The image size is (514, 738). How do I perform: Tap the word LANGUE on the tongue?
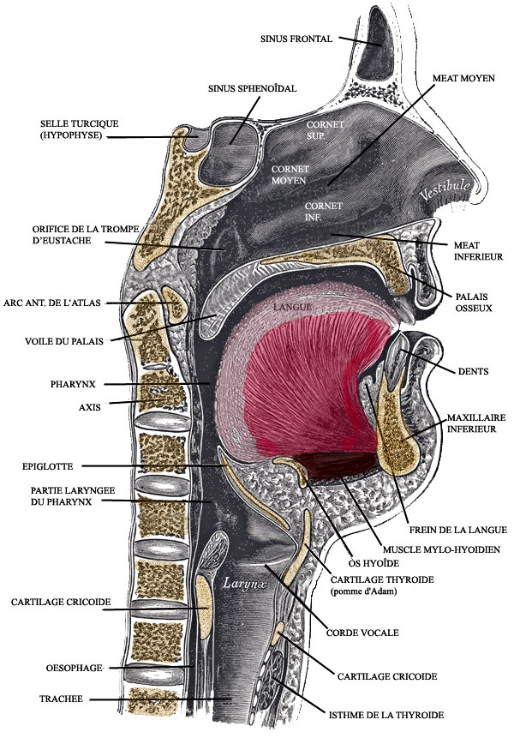[x=291, y=306]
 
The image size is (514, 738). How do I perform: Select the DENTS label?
[x=473, y=371]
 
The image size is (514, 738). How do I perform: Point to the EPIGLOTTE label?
[x=48, y=466]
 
